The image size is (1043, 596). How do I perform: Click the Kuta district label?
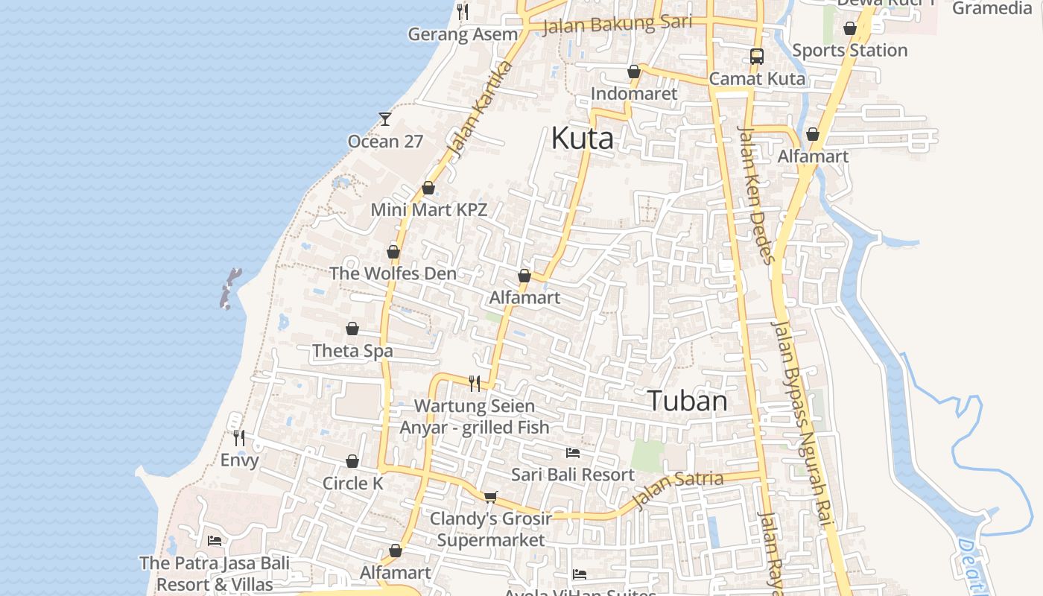coord(583,139)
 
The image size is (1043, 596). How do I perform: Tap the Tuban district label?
coord(687,401)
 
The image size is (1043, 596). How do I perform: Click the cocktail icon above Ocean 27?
coord(385,118)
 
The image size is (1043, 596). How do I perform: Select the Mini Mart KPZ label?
coord(429,209)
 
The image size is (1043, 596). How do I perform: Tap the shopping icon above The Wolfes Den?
coord(393,253)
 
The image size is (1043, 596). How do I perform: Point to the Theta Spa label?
coord(352,350)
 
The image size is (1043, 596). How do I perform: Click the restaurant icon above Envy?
coord(238,437)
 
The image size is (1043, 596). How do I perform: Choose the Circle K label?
coord(352,483)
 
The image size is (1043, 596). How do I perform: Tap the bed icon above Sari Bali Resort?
coord(572,453)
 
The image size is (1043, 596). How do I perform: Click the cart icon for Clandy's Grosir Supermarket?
coord(490,497)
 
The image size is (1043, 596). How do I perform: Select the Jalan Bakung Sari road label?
coord(617,25)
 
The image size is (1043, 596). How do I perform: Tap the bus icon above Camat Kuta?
coord(757,57)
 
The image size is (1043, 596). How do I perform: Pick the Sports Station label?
coord(849,50)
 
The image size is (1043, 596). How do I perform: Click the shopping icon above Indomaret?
coord(633,72)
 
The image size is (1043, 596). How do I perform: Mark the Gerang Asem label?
coord(463,34)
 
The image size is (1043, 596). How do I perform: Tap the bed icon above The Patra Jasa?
coord(215,541)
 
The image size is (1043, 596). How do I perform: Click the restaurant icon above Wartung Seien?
coord(475,383)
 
